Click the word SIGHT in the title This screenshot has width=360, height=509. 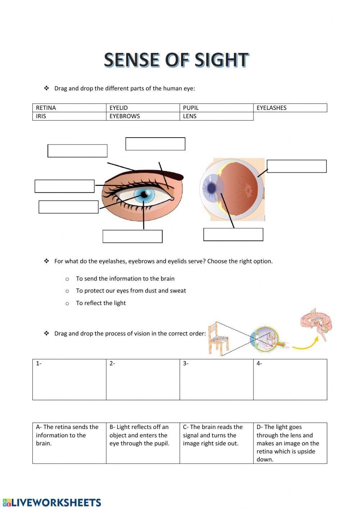pos(222,60)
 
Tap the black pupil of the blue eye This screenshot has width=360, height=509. pos(144,195)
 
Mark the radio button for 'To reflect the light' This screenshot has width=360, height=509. pos(67,304)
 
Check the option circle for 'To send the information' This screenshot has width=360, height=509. pos(67,279)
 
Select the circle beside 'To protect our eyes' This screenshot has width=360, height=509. pos(67,291)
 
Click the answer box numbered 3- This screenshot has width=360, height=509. pos(216,379)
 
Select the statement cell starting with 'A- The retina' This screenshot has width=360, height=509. pos(69,443)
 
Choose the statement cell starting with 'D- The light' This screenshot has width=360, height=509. pos(290,443)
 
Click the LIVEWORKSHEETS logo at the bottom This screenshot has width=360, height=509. pos(52,503)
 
